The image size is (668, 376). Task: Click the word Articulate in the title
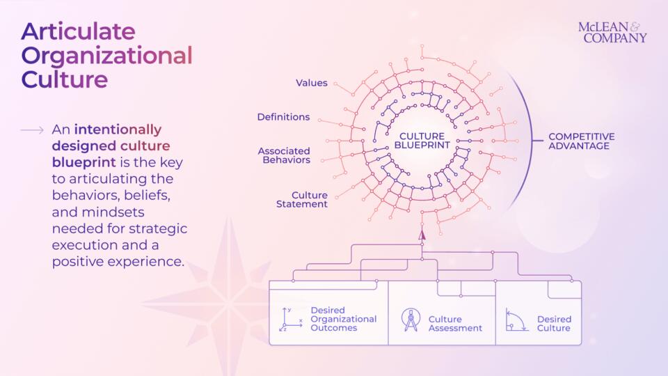click(x=79, y=31)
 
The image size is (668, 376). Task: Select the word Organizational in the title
click(x=107, y=56)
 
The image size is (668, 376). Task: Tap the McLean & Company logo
click(x=612, y=33)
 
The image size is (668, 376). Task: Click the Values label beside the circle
click(x=312, y=83)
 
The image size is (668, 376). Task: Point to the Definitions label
click(x=283, y=117)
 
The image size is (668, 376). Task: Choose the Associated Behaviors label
click(x=284, y=155)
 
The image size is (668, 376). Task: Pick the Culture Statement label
click(x=302, y=200)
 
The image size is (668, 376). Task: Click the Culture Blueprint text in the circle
click(x=422, y=141)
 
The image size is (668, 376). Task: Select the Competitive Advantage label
click(x=582, y=141)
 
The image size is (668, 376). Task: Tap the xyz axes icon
click(x=291, y=320)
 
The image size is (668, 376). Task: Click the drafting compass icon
click(x=411, y=320)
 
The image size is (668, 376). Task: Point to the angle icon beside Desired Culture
click(x=516, y=320)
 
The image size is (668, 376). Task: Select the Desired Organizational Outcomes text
click(x=343, y=319)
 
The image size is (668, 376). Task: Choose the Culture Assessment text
click(x=455, y=324)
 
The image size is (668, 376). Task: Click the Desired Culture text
click(x=554, y=324)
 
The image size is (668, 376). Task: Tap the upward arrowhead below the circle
click(x=422, y=235)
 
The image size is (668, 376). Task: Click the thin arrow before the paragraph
click(x=32, y=130)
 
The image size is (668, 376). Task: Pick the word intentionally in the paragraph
click(x=118, y=130)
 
